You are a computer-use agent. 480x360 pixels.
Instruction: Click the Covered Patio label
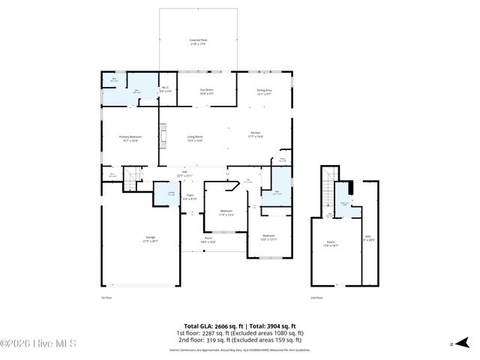coord(198,42)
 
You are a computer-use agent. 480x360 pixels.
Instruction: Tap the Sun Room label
coord(207,91)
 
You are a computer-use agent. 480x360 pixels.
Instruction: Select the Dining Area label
coord(265,91)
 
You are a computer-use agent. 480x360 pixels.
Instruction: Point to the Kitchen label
coord(256,135)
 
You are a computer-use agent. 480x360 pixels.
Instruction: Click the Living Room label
coord(196,139)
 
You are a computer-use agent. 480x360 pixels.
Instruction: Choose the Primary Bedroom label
coord(130,139)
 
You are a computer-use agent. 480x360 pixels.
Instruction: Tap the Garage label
coord(151,239)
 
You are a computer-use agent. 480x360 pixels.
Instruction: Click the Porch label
coord(208,241)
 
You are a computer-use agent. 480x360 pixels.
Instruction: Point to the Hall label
coord(184,173)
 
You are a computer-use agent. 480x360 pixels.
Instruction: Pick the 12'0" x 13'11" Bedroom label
coord(270,238)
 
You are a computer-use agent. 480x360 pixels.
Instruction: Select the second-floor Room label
coord(330,244)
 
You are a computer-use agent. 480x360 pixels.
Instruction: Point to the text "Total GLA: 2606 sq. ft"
coord(205,326)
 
